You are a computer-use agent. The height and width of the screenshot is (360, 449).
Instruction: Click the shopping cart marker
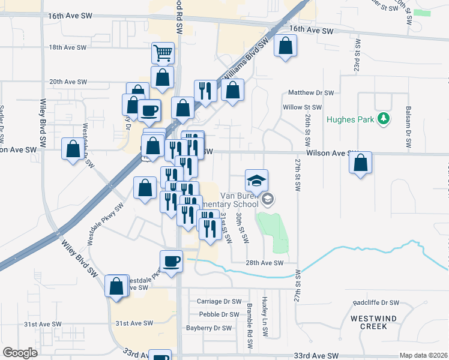[x=163, y=53]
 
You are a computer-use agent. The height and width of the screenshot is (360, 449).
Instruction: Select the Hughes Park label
[x=351, y=119]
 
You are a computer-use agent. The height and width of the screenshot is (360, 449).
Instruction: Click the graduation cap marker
[x=256, y=180]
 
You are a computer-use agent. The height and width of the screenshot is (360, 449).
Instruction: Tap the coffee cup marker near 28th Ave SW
[x=171, y=262]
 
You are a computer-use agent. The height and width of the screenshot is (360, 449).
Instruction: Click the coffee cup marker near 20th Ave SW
[x=149, y=110]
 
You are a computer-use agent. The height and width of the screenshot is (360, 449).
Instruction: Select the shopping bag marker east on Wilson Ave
[x=360, y=163]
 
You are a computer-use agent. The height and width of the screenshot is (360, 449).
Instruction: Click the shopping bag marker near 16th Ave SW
[x=286, y=46]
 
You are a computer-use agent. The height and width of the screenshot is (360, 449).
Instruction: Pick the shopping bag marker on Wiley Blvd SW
[x=116, y=286]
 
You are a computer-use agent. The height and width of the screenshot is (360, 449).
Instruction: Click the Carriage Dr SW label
[x=219, y=301]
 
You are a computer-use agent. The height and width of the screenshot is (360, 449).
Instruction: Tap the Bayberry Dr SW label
[x=208, y=328]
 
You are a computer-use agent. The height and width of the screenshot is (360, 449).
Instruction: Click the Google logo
[x=20, y=353]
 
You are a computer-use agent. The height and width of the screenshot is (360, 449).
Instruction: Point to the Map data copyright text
[x=423, y=355]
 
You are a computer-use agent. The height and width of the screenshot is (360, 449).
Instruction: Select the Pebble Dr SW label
[x=219, y=314]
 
